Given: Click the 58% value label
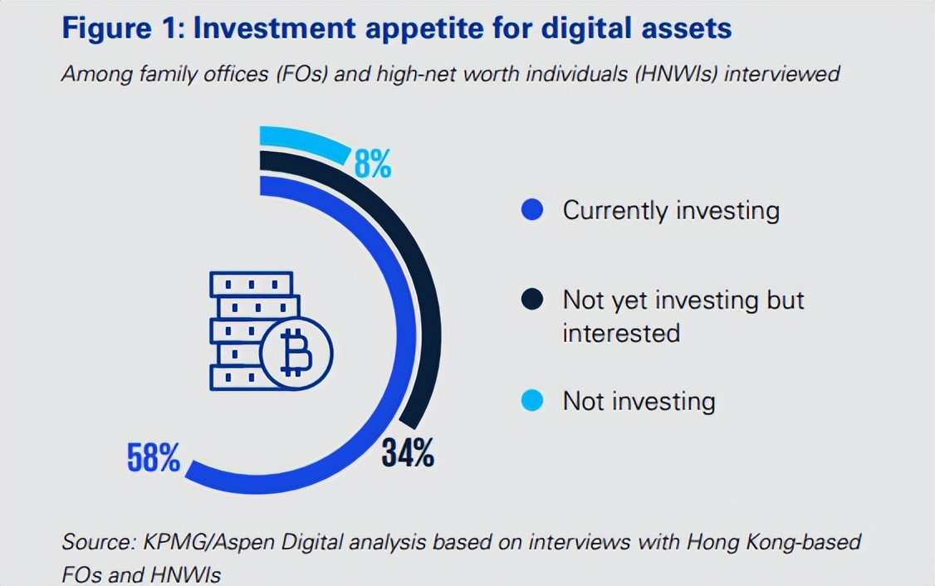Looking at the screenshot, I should pos(154,457).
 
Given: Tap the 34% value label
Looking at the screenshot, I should pos(408,453).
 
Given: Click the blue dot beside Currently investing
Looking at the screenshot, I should pos(532,210).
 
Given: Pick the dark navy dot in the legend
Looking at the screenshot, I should pos(532,300).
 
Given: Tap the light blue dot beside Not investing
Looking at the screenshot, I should pos(532,401).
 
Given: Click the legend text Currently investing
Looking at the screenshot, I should pos(671,210).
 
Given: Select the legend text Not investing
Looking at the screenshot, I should pos(639,401).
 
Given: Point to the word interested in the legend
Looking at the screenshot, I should pos(621,333).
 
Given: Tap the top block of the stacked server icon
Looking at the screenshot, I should pos(251,284).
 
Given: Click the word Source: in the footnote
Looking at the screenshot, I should pos(94,543).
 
